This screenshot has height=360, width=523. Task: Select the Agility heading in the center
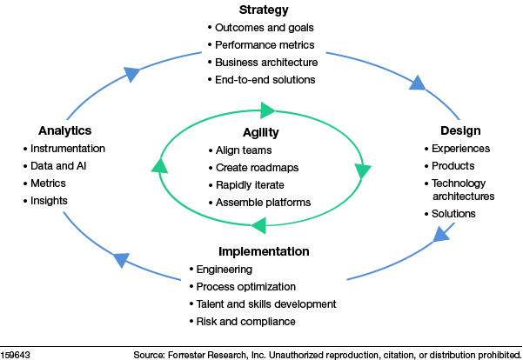click(261, 133)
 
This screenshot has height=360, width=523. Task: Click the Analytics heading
click(65, 130)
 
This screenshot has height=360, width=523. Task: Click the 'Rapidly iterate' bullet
click(251, 184)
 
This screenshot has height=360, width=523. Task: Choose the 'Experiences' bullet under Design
click(461, 149)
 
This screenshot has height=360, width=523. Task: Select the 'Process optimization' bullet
click(246, 286)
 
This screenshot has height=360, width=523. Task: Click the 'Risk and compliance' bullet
click(246, 321)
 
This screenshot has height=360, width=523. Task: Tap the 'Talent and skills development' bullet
click(266, 303)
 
